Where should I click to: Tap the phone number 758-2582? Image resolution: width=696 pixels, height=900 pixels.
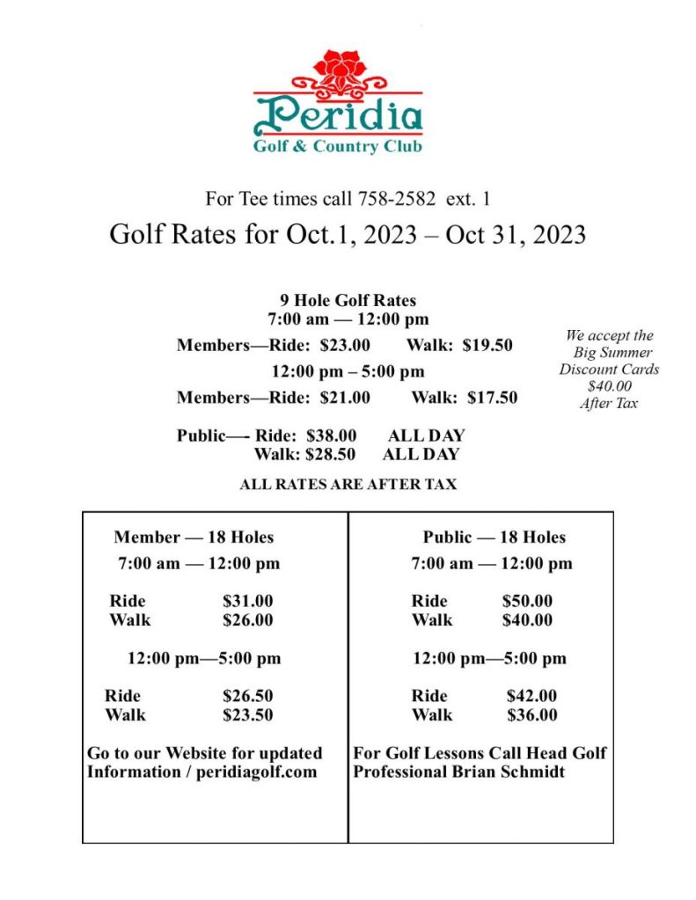tap(396, 198)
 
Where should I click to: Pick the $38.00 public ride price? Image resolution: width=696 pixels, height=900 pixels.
tap(331, 435)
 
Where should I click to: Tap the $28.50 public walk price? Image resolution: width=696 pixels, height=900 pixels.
tap(330, 455)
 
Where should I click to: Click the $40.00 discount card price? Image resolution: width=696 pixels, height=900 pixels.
tap(609, 386)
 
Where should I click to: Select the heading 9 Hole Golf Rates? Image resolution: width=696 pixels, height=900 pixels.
tap(348, 301)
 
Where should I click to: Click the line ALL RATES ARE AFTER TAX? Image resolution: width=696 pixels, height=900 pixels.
tap(348, 485)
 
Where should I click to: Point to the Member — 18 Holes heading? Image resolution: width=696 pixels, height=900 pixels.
tap(194, 538)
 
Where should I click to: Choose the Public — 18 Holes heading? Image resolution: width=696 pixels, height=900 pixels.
tap(494, 538)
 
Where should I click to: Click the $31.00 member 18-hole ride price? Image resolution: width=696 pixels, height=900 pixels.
tap(247, 602)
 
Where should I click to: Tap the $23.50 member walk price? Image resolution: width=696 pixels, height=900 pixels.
tap(247, 715)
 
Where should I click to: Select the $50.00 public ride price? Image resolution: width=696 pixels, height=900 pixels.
tap(527, 602)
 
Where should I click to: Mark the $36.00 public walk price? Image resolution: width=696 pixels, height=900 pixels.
tap(531, 715)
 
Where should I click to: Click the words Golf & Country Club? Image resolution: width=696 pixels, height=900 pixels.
tap(338, 147)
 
